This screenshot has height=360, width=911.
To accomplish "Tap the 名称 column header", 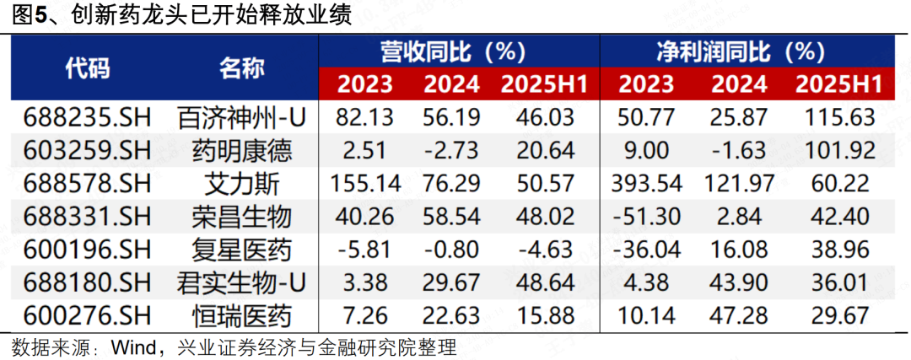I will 242,68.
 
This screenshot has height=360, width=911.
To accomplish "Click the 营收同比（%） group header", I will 459,51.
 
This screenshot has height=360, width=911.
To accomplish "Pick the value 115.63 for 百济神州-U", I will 838,118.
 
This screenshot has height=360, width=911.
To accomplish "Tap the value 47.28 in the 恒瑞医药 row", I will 739,316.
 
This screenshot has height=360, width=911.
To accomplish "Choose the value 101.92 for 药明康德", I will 838,151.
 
